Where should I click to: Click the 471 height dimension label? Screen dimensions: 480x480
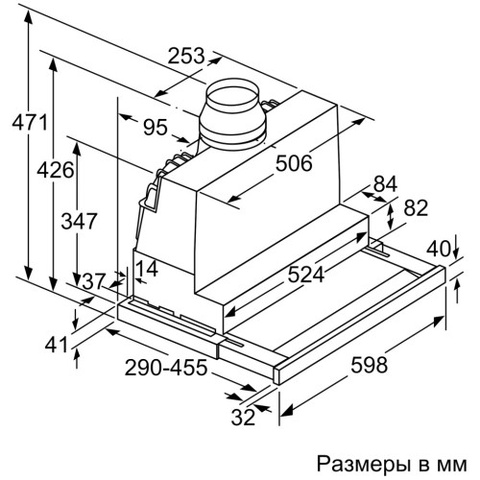tap(30, 122)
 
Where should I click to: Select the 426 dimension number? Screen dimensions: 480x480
tap(56, 170)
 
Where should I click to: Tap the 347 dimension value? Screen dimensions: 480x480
tap(79, 221)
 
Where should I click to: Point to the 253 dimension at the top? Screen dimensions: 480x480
tap(186, 56)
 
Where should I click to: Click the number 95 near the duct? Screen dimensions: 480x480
tap(156, 127)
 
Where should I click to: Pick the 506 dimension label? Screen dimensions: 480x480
tap(294, 163)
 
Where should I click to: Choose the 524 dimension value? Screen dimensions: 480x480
tap(306, 275)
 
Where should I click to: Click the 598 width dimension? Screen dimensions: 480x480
tap(369, 365)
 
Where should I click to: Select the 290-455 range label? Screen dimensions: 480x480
tap(166, 368)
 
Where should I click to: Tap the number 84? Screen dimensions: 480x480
tap(385, 184)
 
